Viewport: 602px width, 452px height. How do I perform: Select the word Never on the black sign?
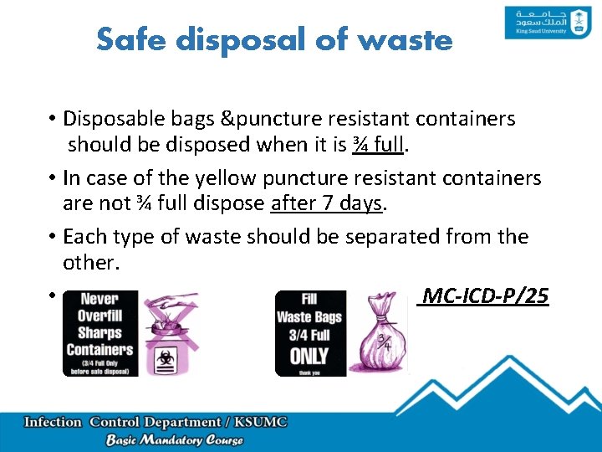tap(99, 299)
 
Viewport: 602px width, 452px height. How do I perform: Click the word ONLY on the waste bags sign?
tap(309, 356)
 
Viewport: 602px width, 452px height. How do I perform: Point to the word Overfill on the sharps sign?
tap(99, 316)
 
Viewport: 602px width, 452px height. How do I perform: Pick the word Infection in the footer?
tap(54, 423)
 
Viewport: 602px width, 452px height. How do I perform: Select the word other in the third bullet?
tap(86, 261)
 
